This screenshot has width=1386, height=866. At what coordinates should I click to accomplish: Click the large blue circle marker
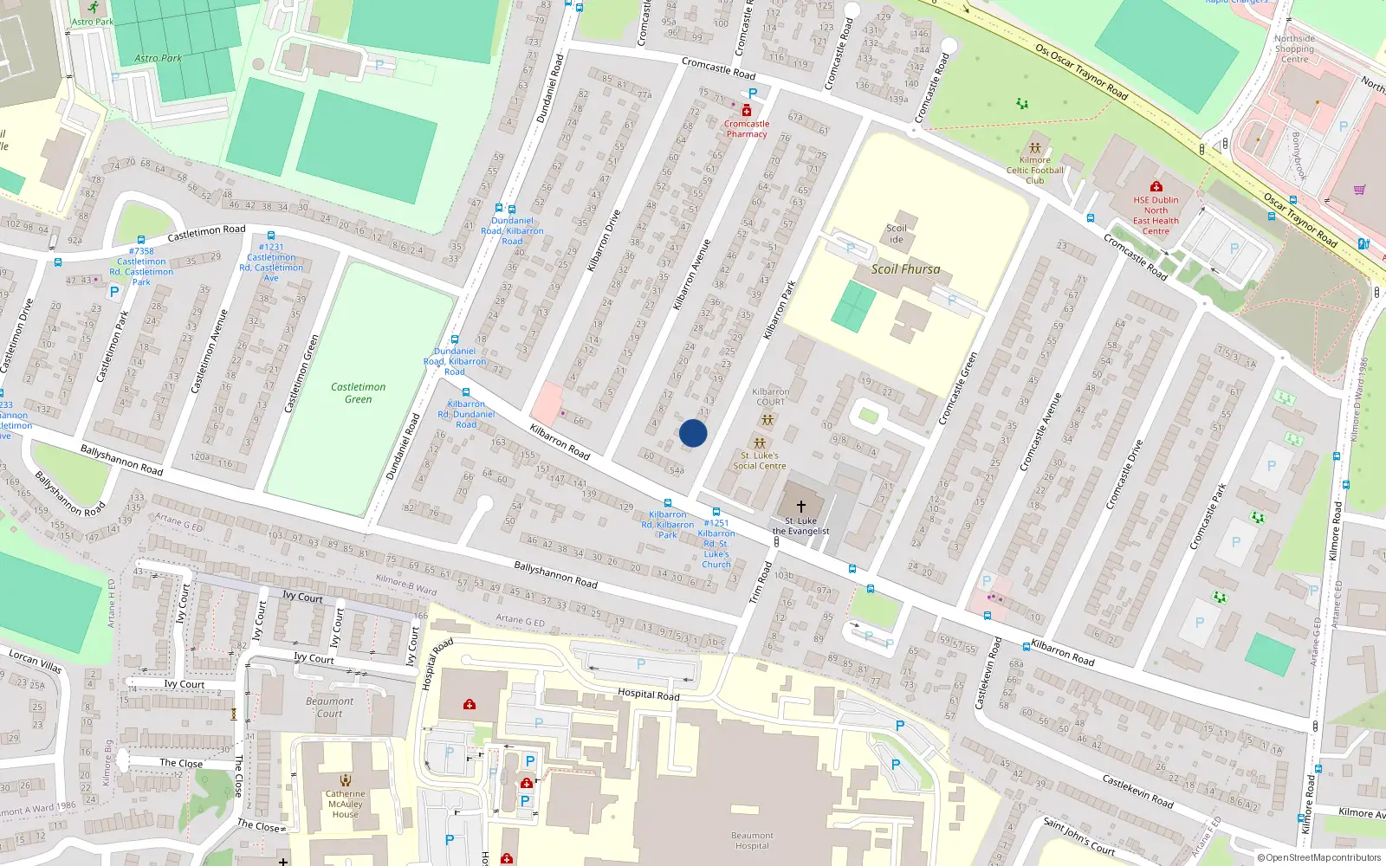pos(693,433)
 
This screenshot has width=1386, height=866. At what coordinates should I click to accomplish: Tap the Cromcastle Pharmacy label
pos(747,129)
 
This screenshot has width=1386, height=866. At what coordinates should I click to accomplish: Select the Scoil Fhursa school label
pos(905,269)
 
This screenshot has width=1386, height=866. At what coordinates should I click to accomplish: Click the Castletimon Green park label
pos(358,393)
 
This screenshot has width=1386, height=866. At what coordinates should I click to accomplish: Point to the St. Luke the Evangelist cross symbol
pos(801,506)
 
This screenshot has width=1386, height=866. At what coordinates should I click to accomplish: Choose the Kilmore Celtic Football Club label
pos(1035,170)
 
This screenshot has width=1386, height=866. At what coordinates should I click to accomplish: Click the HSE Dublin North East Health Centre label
pos(1156,216)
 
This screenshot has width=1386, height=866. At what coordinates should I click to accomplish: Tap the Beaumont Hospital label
pos(752,841)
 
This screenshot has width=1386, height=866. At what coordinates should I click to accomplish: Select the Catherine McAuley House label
pos(345,804)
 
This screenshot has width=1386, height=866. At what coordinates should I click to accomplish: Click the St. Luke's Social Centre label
pos(760,461)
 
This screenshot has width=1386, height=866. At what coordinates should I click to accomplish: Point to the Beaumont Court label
pos(329,708)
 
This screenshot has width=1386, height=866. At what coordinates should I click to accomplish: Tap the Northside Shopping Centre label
pos(1294,48)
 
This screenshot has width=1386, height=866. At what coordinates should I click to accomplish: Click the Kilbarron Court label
pos(770,397)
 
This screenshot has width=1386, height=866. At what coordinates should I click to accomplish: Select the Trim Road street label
pos(760,583)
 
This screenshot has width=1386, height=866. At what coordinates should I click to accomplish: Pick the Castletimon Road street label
pos(206,233)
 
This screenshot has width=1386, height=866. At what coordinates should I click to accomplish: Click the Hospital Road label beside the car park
pos(648,695)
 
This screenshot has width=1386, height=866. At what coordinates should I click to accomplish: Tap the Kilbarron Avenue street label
pos(691,275)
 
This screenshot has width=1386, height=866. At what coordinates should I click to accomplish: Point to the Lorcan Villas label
pos(36,661)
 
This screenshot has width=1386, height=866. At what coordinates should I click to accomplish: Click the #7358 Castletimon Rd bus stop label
pos(141,267)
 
